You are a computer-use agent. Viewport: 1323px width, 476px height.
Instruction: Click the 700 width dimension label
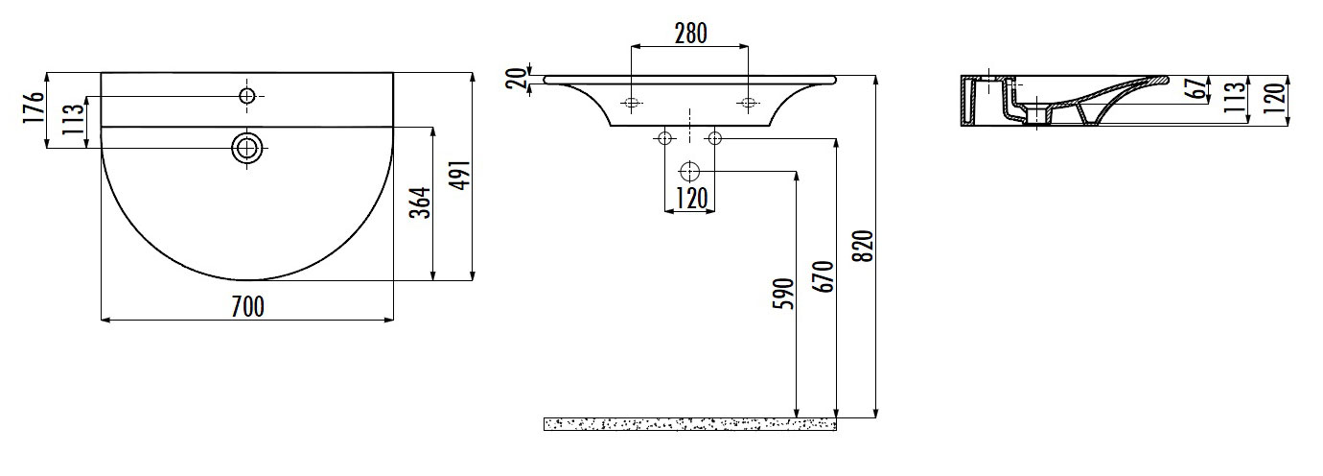pyautogui.click(x=247, y=307)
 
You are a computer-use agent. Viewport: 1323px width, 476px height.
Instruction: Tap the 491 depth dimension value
pyautogui.click(x=462, y=175)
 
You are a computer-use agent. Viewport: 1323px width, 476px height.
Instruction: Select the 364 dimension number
pyautogui.click(x=420, y=202)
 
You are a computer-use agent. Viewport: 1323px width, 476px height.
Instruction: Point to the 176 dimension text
pyautogui.click(x=34, y=107)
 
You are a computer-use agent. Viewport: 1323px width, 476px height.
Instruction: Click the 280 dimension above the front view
pyautogui.click(x=690, y=34)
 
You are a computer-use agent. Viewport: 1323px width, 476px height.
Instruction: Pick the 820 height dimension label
pyautogui.click(x=863, y=246)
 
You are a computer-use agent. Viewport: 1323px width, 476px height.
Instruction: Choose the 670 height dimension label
pyautogui.click(x=824, y=276)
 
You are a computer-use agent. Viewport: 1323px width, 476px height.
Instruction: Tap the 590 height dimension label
pyautogui.click(x=784, y=294)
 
